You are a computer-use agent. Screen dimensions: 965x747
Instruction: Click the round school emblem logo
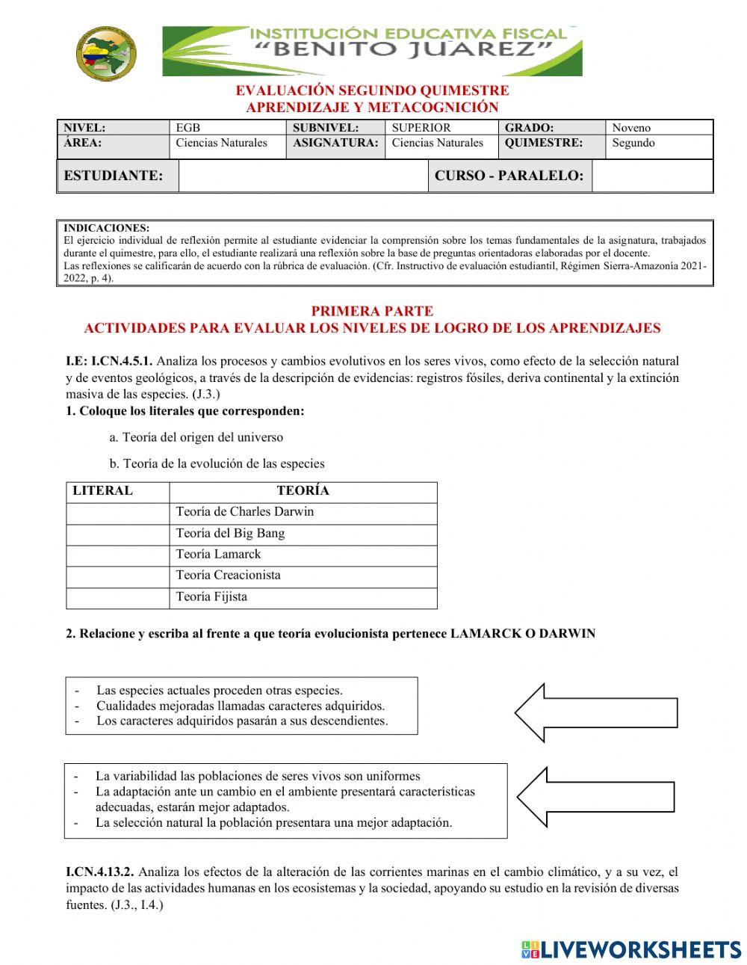tap(105, 52)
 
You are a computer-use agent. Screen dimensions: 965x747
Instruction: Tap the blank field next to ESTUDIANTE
tap(303, 176)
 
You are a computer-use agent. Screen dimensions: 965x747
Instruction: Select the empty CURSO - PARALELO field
tap(651, 176)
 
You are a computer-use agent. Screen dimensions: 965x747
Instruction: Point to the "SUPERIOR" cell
tap(421, 128)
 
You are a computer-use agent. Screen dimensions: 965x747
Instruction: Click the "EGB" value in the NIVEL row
tap(188, 128)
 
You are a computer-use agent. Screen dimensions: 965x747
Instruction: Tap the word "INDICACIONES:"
tap(107, 228)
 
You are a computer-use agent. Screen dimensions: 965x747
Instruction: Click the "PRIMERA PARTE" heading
tap(371, 311)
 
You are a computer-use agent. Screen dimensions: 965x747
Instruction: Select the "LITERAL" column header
tap(103, 491)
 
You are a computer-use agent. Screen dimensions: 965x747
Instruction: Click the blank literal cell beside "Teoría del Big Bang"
tap(118, 534)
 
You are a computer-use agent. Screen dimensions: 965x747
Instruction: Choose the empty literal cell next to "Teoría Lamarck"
tap(118, 555)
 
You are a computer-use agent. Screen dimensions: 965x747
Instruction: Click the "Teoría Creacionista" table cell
tap(303, 576)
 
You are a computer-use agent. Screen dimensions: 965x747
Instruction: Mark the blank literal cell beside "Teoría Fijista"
tap(118, 597)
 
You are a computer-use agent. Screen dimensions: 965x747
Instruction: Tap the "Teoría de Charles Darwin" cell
tap(303, 512)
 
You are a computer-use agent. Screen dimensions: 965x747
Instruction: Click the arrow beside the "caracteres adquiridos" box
tap(595, 712)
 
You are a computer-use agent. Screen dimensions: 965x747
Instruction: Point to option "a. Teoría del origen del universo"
tap(196, 437)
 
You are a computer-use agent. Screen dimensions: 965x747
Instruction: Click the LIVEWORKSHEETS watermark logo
tap(631, 949)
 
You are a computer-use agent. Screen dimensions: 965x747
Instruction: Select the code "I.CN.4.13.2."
tap(100, 872)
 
